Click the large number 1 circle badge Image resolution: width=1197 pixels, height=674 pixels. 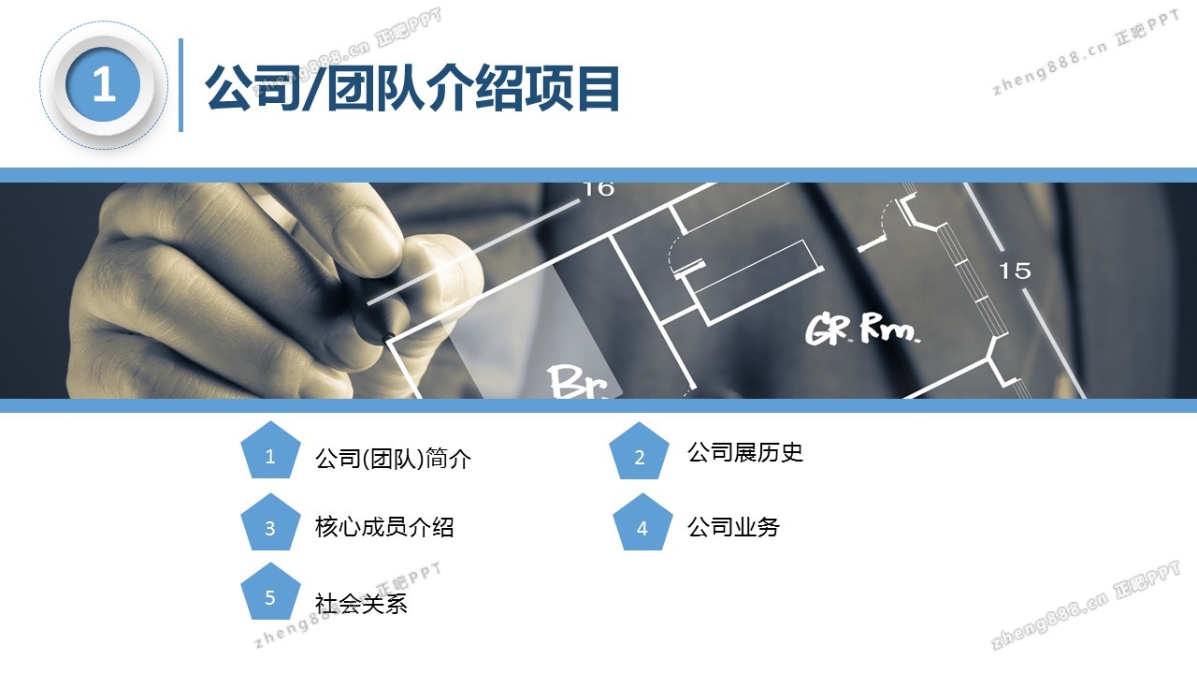pos(104,85)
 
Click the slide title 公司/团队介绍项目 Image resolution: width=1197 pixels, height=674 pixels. pos(412,88)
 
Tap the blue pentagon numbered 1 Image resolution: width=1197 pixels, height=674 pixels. pos(270,450)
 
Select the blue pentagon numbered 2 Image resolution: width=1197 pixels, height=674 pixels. pos(639,451)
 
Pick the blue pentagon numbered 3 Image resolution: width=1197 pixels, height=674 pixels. pos(270,522)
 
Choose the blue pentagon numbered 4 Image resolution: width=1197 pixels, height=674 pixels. pos(642,522)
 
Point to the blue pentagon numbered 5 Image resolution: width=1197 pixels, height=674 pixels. pos(270,592)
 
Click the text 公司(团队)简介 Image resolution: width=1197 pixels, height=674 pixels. pos(394,459)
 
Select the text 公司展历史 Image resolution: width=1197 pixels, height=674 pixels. pos(745,452)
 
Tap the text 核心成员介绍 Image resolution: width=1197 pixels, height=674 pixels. pos(384,527)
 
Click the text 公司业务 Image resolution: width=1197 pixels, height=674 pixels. pos(733,527)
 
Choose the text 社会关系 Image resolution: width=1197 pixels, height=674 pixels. pos(361,604)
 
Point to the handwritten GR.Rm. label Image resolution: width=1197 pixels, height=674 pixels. pos(862,328)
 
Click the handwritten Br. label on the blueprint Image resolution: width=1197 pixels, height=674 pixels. pos(579,381)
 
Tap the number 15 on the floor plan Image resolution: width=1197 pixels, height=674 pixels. pos(1015,271)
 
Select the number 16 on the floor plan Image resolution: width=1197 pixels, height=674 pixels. pos(598,189)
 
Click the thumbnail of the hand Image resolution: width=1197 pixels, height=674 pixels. pos(267,290)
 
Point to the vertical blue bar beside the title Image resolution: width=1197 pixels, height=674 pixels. pos(181,85)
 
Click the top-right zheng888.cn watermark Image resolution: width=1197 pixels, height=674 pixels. pos(1086,53)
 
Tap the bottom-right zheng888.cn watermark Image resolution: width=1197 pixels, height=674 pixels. pos(1085,605)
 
